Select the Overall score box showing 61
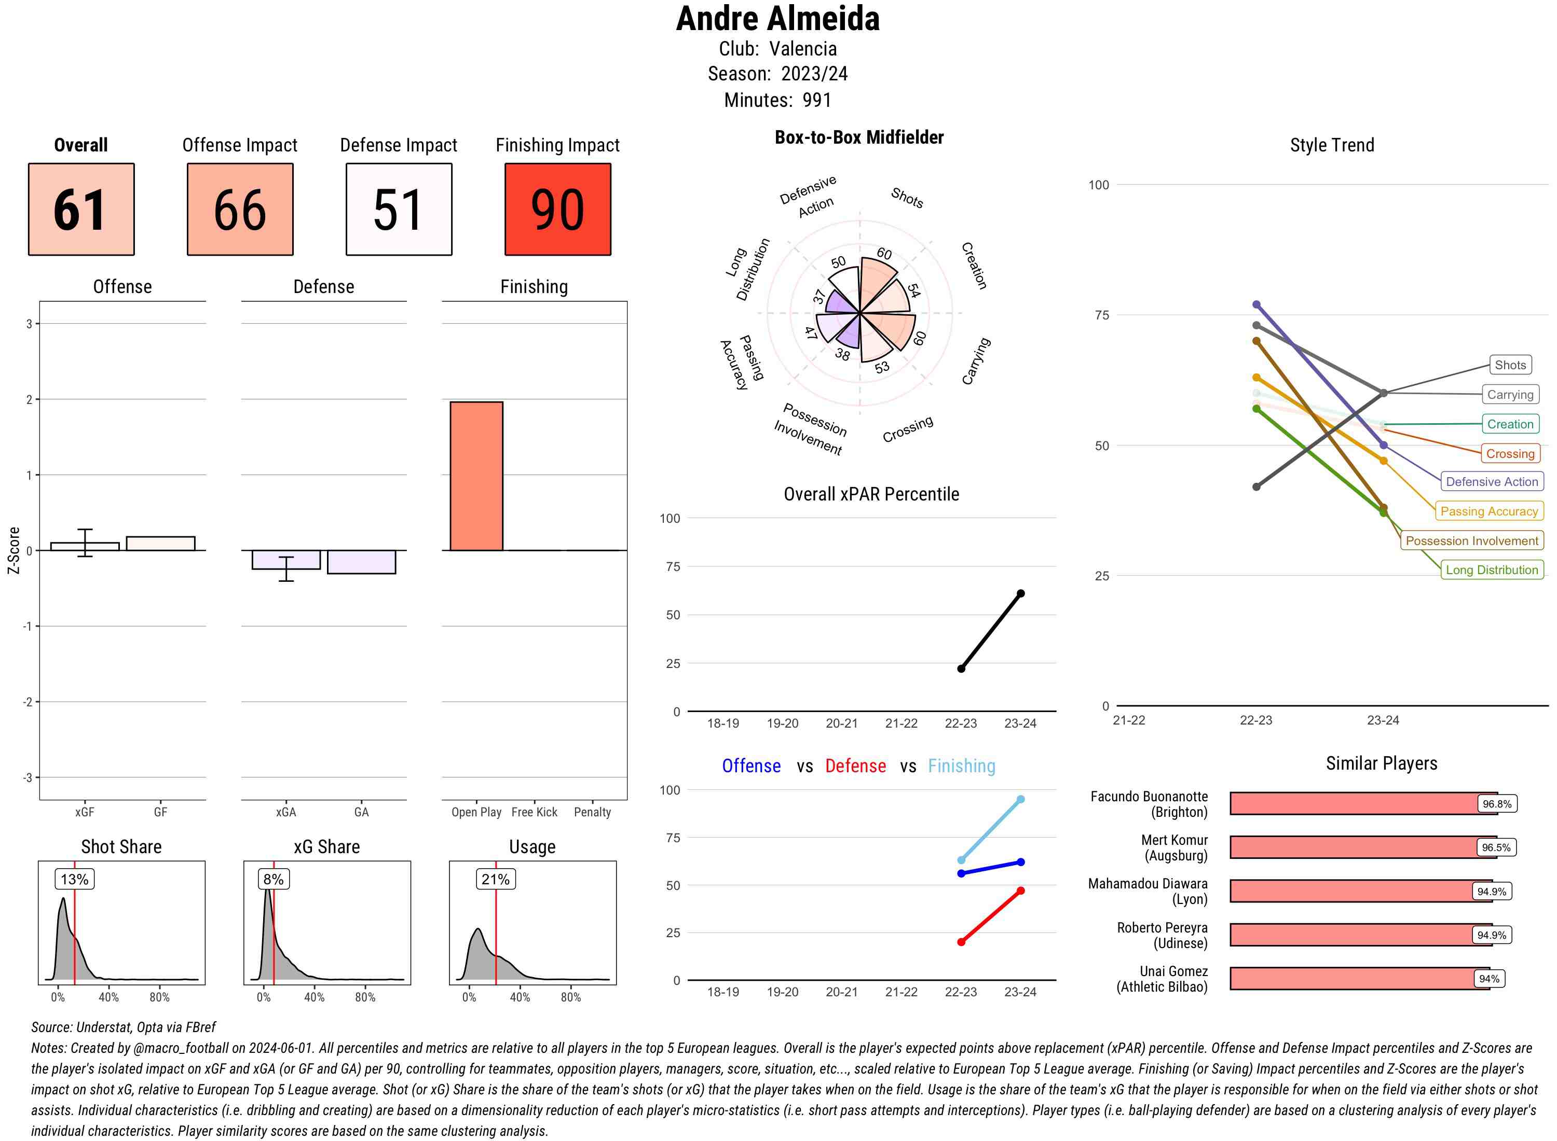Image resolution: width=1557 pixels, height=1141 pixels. [81, 210]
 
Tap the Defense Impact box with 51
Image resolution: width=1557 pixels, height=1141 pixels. [399, 210]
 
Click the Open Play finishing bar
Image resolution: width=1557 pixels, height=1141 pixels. [476, 476]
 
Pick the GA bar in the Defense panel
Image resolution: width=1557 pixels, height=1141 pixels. [361, 562]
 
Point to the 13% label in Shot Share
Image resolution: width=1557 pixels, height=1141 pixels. [75, 879]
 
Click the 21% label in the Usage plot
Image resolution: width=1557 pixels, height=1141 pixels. [496, 879]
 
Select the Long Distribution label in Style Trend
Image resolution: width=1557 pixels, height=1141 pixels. [1492, 570]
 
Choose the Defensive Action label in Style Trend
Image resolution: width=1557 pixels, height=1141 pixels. [1492, 481]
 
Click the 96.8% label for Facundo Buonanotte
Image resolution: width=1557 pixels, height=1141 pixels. [1496, 804]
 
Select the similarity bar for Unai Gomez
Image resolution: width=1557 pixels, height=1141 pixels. [1359, 979]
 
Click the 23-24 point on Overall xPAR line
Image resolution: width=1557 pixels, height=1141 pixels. [1020, 593]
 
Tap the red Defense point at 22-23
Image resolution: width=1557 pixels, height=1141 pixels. [961, 942]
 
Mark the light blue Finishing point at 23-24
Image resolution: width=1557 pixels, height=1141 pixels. [1020, 799]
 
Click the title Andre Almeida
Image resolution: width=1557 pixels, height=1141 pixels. [777, 19]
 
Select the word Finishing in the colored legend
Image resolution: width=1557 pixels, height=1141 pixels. [961, 766]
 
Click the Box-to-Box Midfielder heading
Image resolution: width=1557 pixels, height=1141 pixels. [859, 137]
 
